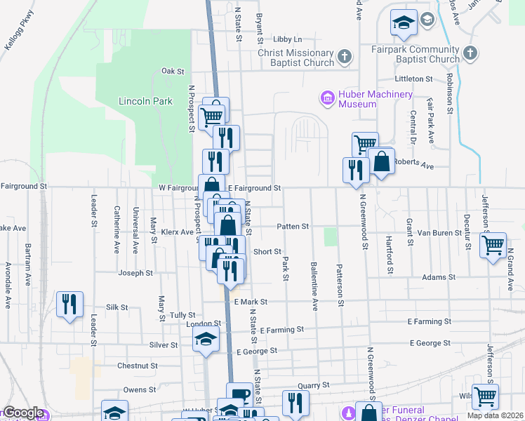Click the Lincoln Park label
click(x=145, y=101)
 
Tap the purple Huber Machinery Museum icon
click(x=327, y=98)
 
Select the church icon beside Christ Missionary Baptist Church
click(x=344, y=55)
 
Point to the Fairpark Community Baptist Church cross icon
click(x=470, y=53)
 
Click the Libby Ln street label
click(x=287, y=39)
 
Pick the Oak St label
click(x=172, y=71)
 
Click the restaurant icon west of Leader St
click(x=69, y=304)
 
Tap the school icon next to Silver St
click(x=205, y=340)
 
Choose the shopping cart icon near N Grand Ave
click(x=493, y=245)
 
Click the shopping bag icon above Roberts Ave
click(x=380, y=161)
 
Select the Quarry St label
click(x=313, y=385)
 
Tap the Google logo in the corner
click(x=22, y=413)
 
